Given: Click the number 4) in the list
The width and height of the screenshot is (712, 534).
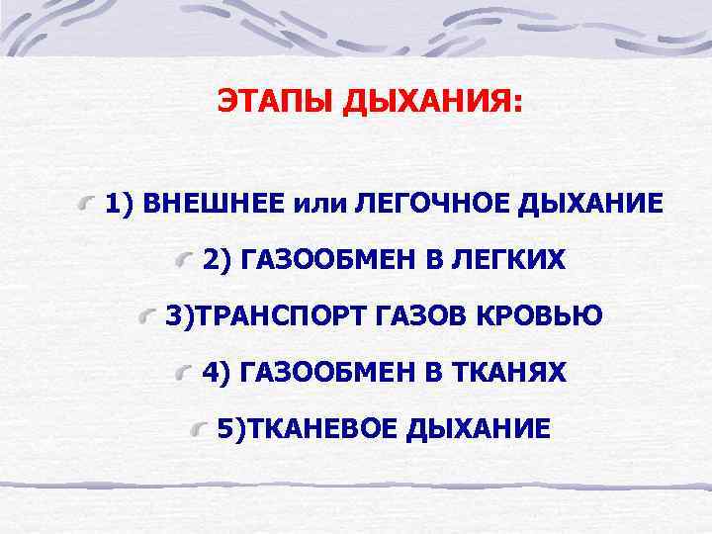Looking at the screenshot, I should pos(217,372).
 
